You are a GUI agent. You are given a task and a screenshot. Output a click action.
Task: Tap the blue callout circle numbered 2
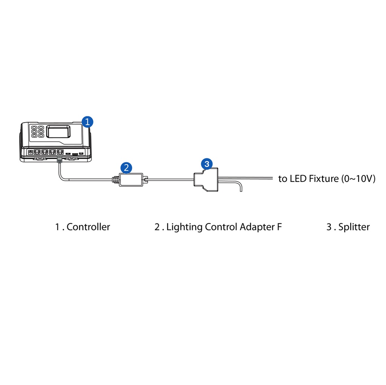pyautogui.click(x=126, y=167)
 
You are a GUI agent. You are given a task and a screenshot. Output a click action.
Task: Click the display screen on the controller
pyautogui.click(x=58, y=131)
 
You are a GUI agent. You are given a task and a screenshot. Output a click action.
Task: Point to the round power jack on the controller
pyautogui.click(x=30, y=153)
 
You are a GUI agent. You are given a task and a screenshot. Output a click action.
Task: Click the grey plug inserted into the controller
pyautogui.click(x=59, y=160)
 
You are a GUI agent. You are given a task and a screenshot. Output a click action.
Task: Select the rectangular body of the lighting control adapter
pyautogui.click(x=130, y=180)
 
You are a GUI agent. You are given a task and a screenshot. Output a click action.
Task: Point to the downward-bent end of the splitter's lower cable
pyautogui.click(x=239, y=187)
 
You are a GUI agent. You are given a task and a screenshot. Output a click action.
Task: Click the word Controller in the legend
pyautogui.click(x=88, y=227)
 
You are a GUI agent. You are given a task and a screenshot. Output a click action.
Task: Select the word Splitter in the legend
pyautogui.click(x=354, y=227)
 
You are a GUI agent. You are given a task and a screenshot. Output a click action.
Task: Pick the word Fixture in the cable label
pyautogui.click(x=324, y=179)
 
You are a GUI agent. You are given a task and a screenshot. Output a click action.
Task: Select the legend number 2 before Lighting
pyautogui.click(x=157, y=227)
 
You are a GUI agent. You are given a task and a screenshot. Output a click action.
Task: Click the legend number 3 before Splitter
pyautogui.click(x=329, y=227)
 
